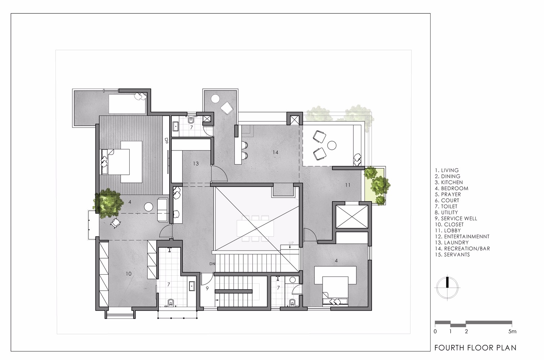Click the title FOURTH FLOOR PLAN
[475, 348]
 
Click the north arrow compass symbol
[447, 287]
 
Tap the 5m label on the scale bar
[512, 331]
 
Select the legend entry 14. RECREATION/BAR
[462, 248]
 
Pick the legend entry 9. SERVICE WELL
[456, 219]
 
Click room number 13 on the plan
[195, 164]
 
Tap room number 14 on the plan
[275, 152]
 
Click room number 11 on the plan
[347, 185]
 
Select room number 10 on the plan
[129, 274]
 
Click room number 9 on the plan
[207, 288]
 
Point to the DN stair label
[212, 264]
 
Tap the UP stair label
[291, 243]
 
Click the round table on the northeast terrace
[332, 145]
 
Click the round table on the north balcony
[215, 98]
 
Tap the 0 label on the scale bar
[435, 331]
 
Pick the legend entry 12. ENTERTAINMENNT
[462, 237]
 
